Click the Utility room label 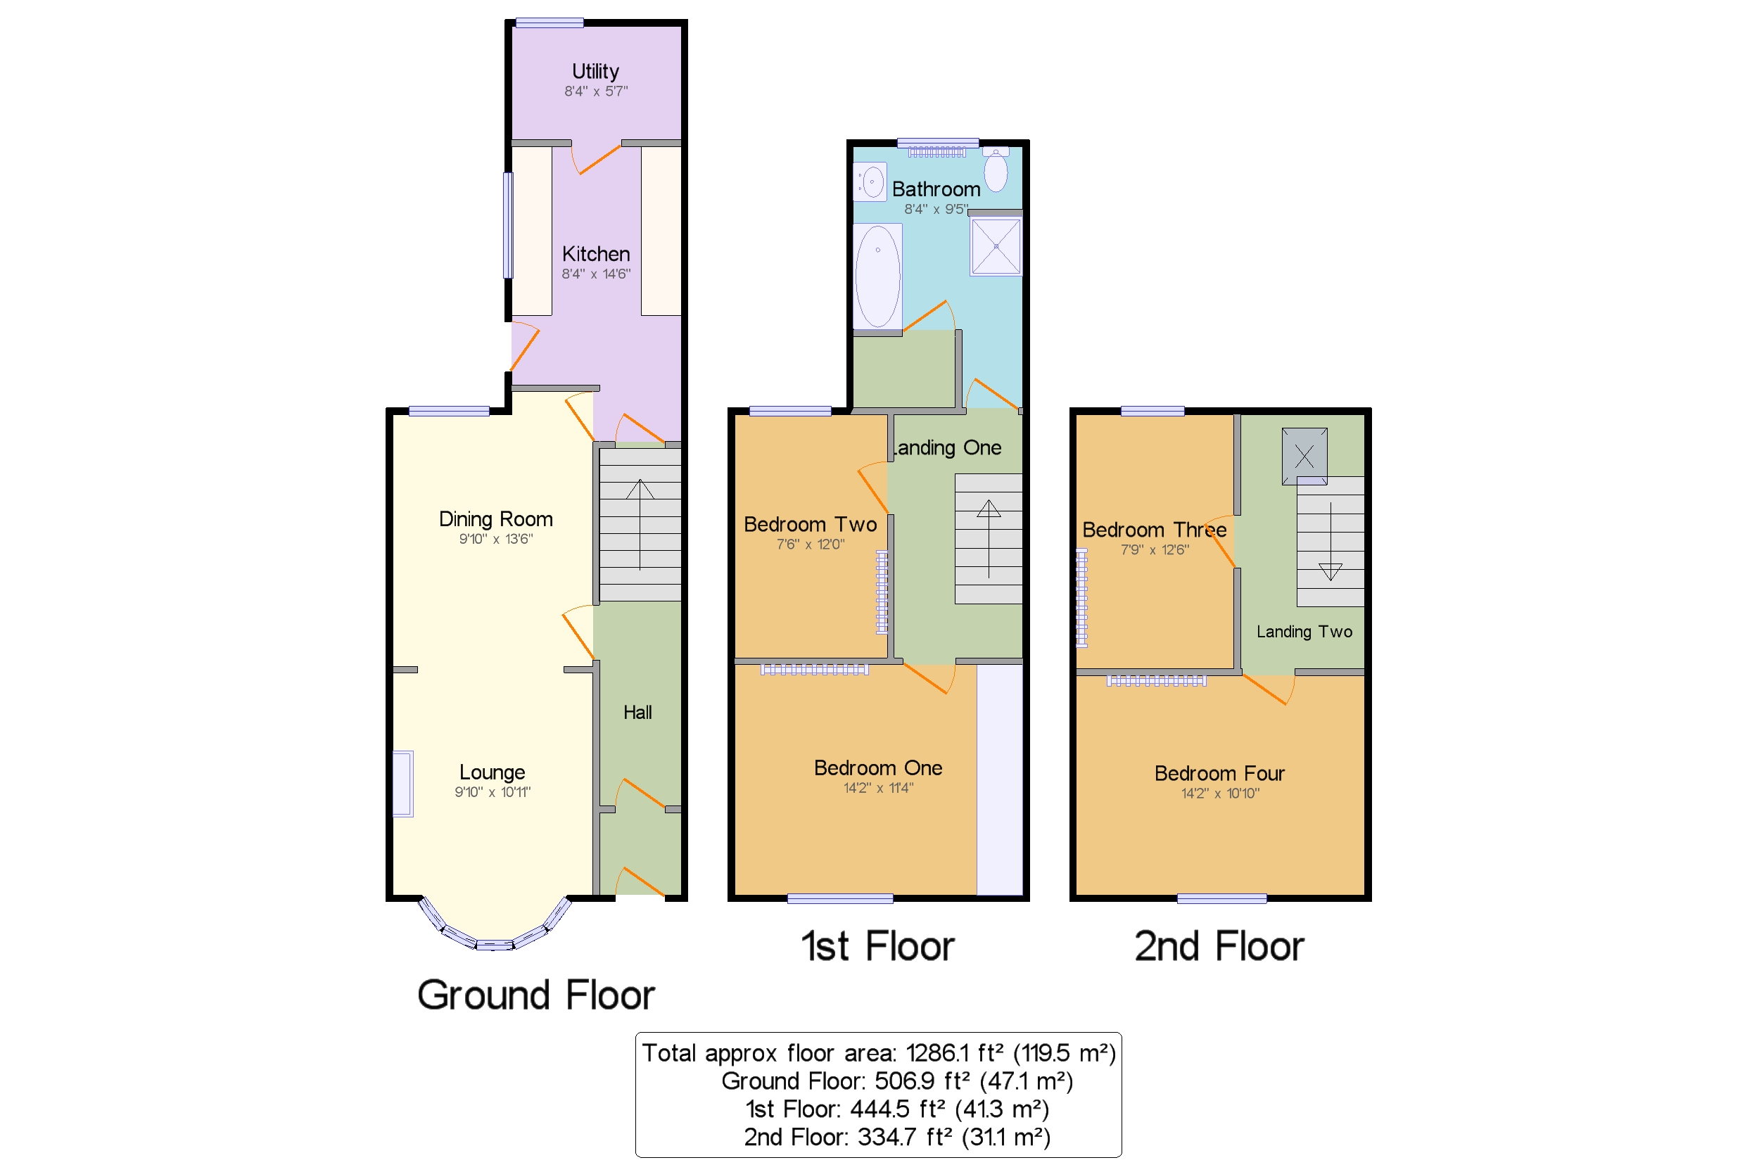coord(595,72)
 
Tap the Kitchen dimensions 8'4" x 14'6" coord(596,274)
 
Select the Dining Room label coord(495,519)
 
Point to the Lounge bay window coord(494,927)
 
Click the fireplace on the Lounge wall coord(403,784)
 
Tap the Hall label coord(637,713)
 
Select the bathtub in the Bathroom coord(877,276)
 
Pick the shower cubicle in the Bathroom coord(996,246)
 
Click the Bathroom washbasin coord(870,181)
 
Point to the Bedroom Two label coord(811,525)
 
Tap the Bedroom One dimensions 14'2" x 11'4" coord(878,788)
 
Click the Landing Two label coord(1304,632)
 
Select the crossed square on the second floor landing coord(1304,456)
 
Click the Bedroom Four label coord(1219,774)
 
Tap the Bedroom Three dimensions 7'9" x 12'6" coord(1154,550)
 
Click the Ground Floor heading coord(536,995)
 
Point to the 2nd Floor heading coord(1219,946)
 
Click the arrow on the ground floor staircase coord(640,525)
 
